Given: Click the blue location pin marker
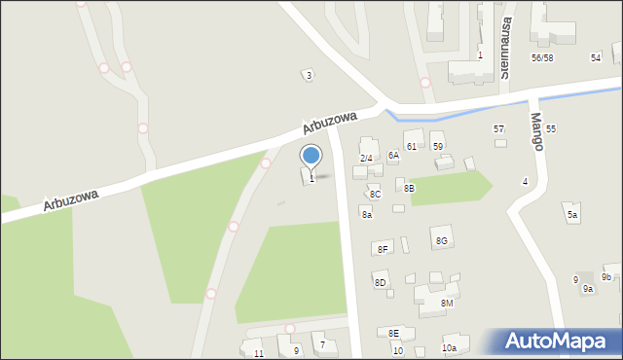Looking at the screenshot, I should coord(311,156).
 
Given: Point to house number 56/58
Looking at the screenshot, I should coord(542,58).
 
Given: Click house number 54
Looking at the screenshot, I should coord(596,58).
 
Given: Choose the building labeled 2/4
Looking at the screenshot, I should coord(366,158).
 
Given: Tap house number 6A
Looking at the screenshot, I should coord(393,155).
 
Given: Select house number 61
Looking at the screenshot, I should coord(412,146).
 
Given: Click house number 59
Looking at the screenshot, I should coord(438,146).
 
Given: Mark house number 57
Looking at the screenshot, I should coord(499,129).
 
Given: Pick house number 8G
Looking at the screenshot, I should coord(442,240).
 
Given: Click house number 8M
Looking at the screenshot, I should coord(447,304).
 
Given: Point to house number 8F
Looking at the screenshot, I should coord(384,250).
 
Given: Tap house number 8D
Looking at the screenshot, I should coord(381,283).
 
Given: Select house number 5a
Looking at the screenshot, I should coord(572,215).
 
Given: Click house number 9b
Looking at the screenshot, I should coord(606,277).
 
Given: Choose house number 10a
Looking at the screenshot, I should coord(449,347).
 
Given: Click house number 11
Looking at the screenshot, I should coord(258,353).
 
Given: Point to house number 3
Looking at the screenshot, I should coord(309,75).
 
